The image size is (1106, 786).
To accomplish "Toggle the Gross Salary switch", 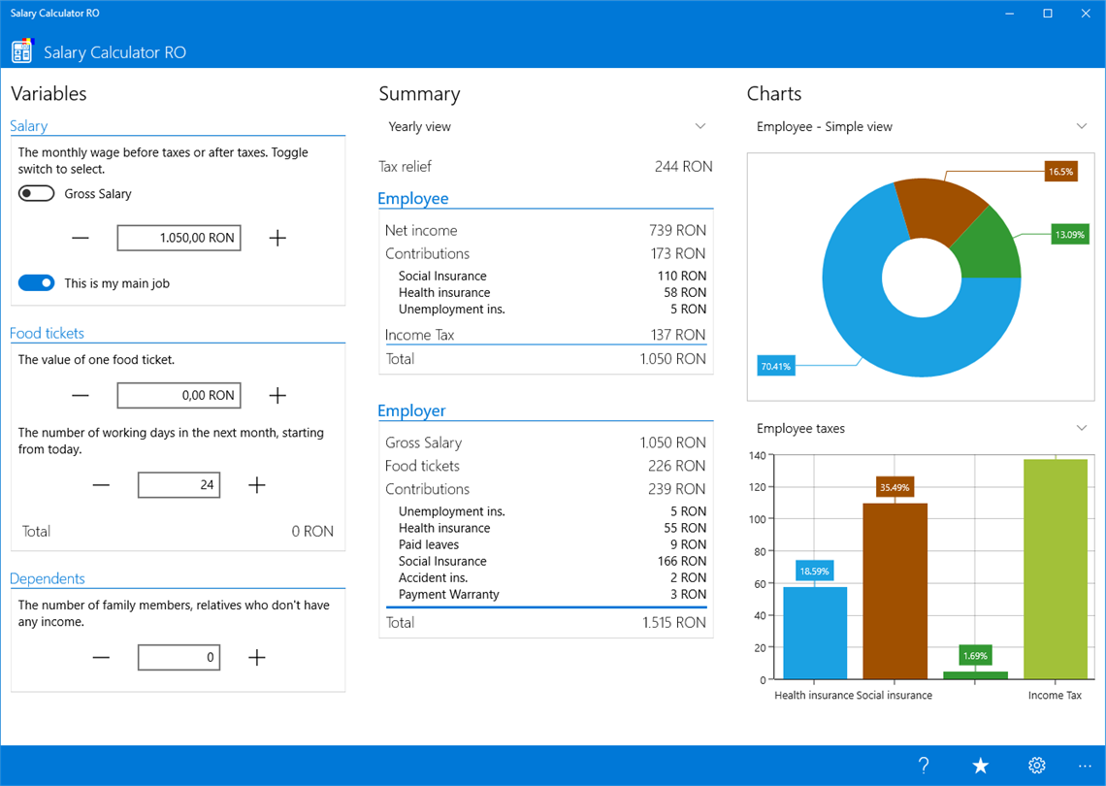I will point(36,194).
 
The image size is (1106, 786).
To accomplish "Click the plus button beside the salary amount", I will point(277,238).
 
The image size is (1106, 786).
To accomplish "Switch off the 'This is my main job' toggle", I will point(36,283).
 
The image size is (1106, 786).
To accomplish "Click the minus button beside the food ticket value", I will point(81,395).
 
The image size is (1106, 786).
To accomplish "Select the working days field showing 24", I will point(179,485).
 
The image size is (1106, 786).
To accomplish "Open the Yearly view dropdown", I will point(546,127).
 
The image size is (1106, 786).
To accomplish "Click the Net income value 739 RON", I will point(677,230).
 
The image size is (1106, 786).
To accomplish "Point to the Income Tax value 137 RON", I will point(677,335).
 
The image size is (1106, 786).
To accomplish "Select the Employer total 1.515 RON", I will point(673,622).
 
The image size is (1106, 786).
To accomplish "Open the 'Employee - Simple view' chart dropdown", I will point(921,127).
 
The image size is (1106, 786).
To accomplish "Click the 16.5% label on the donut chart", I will point(1060,172).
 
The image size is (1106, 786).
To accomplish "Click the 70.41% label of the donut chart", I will point(776,366).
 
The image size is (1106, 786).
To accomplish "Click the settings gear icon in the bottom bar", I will point(1036,766).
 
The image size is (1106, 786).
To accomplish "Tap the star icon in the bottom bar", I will point(980,766).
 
